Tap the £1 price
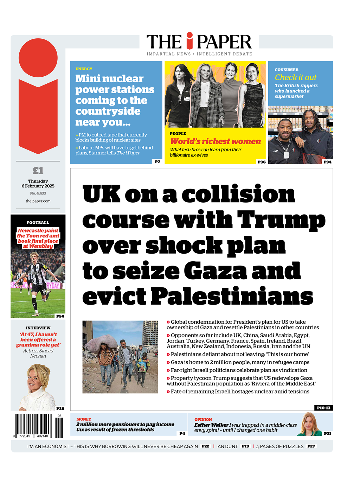coord(38,171)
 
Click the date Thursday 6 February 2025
coord(38,184)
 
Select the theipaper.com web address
coord(38,201)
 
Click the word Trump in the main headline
coord(281,220)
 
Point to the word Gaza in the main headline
coord(215,271)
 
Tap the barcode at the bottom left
coord(39,426)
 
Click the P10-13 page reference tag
coord(323,408)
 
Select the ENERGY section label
coord(84,69)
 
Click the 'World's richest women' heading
coord(215,141)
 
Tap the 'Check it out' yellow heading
coord(295,77)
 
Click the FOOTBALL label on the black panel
coord(38,223)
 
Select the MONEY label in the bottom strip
coord(84,419)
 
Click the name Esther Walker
coord(211,425)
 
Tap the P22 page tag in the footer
coord(206,446)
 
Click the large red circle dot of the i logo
coord(38,58)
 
